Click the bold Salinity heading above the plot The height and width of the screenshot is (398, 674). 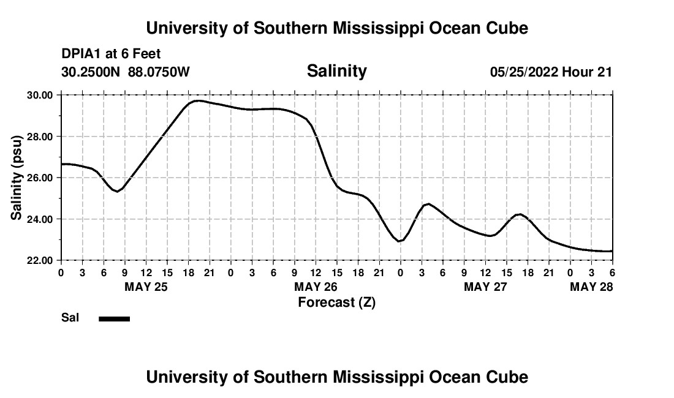[x=336, y=71]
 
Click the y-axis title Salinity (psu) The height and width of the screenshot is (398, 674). [x=17, y=178]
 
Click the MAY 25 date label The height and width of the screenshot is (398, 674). [x=146, y=287]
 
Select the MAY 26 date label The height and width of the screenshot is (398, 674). [x=316, y=287]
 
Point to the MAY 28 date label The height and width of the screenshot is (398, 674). [x=591, y=287]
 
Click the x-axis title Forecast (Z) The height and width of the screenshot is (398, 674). [x=336, y=302]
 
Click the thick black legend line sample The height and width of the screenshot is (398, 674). [x=114, y=318]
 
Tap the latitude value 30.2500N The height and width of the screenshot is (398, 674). [x=91, y=72]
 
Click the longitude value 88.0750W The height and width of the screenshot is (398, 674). [x=159, y=72]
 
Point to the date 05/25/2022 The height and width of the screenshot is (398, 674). [x=524, y=72]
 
